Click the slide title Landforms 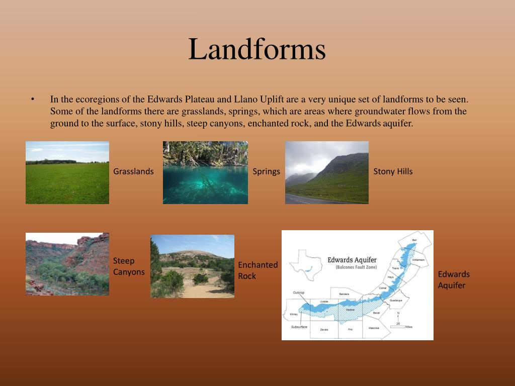pyautogui.click(x=257, y=50)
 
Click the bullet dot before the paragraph pyautogui.click(x=33, y=99)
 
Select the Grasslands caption pyautogui.click(x=133, y=171)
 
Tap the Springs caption pyautogui.click(x=266, y=171)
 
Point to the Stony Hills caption pyautogui.click(x=393, y=171)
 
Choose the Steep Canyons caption pyautogui.click(x=129, y=266)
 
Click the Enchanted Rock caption pyautogui.click(x=257, y=270)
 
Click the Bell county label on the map pyautogui.click(x=414, y=240)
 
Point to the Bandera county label pyautogui.click(x=344, y=294)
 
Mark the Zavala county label pyautogui.click(x=324, y=329)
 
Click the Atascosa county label pyautogui.click(x=373, y=328)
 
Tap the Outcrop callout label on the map pyautogui.click(x=298, y=292)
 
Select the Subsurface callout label pyautogui.click(x=299, y=327)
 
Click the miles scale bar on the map pyautogui.click(x=398, y=327)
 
